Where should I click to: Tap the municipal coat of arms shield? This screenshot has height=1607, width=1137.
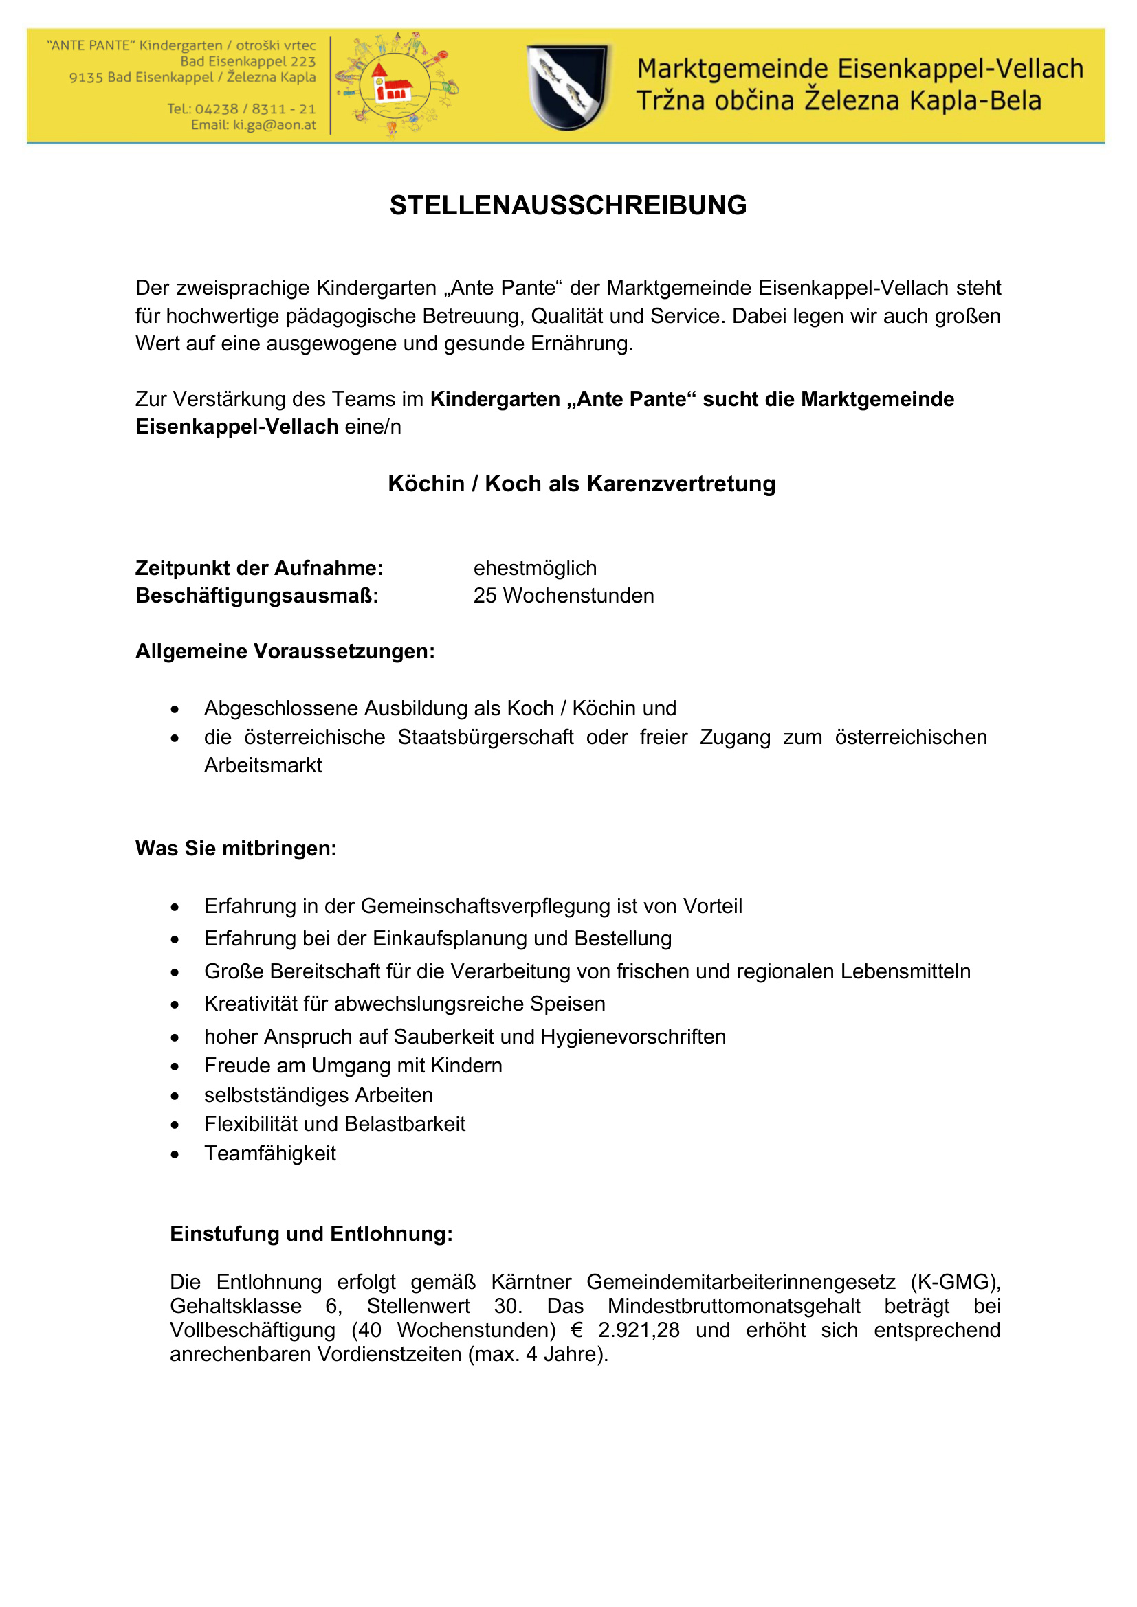tap(568, 87)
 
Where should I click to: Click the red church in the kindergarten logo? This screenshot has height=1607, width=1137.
tap(392, 85)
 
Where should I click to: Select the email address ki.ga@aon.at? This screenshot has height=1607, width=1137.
tap(274, 125)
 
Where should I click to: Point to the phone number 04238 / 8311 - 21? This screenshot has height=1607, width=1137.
tap(255, 109)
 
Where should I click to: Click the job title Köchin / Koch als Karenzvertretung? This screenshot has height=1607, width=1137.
tap(581, 484)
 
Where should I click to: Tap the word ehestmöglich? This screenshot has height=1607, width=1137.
tap(535, 567)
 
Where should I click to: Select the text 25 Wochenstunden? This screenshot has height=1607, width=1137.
tap(564, 596)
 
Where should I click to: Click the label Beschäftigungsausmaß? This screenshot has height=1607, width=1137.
tap(257, 596)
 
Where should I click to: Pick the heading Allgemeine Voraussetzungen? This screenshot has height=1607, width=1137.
tap(285, 651)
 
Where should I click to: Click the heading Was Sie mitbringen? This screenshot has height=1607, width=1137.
tap(236, 849)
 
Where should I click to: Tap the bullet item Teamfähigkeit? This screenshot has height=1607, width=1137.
tap(270, 1153)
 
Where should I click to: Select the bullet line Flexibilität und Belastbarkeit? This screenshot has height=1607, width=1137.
tap(335, 1123)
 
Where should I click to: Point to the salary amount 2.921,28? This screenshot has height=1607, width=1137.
tap(639, 1330)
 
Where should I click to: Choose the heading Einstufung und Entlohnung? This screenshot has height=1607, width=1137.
tap(311, 1233)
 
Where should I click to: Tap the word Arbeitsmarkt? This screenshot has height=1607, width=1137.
tap(263, 765)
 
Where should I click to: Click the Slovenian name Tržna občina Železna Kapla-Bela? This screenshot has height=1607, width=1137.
tap(838, 101)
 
